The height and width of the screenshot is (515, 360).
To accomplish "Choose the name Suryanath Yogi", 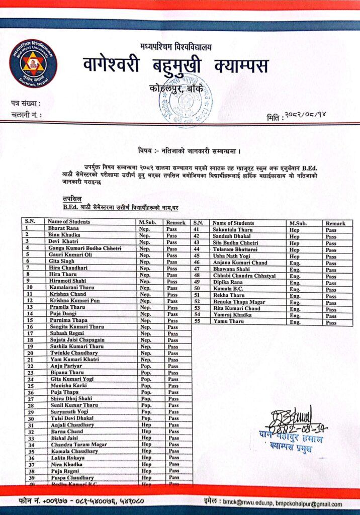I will (x=67, y=412).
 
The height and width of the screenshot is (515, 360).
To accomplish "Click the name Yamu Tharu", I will (x=226, y=321).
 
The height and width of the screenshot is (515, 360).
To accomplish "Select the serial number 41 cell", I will (x=198, y=229).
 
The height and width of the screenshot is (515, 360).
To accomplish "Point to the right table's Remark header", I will (x=335, y=223).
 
